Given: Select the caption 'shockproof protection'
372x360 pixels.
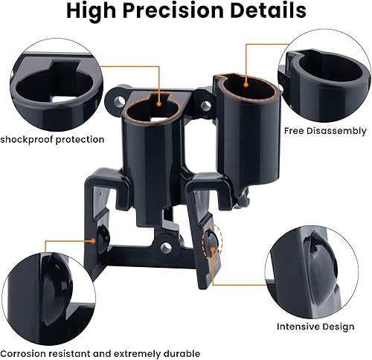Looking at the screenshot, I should tap(52, 139).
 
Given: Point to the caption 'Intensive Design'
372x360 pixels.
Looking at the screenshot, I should tap(314, 325).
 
